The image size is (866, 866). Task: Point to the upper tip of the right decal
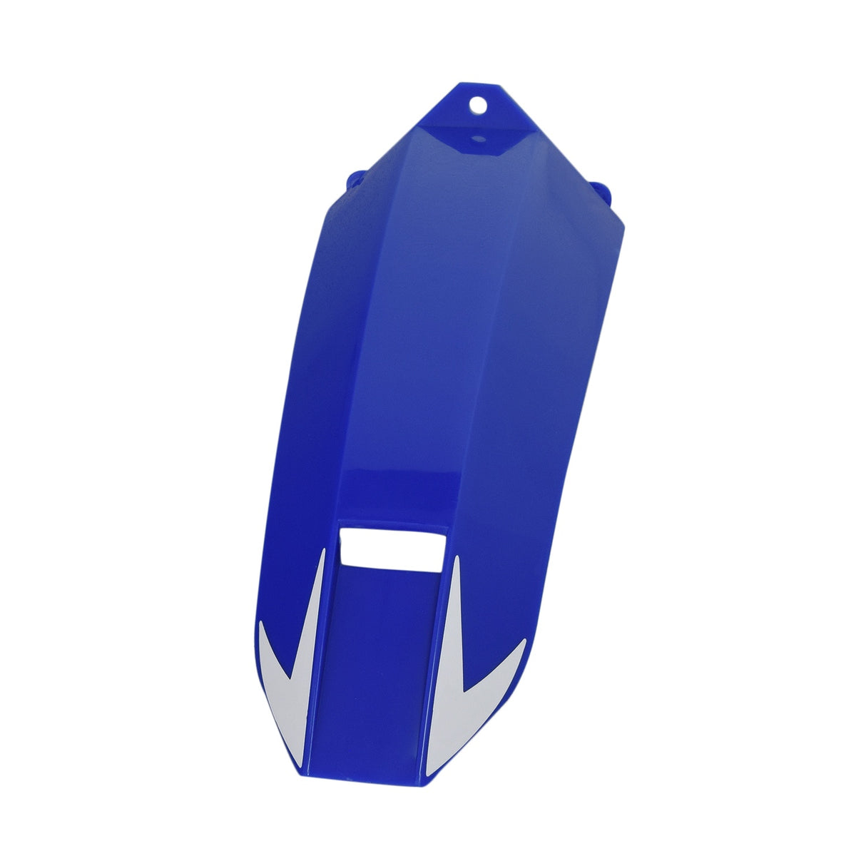click(454, 559)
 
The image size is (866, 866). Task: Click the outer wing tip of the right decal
click(524, 642)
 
